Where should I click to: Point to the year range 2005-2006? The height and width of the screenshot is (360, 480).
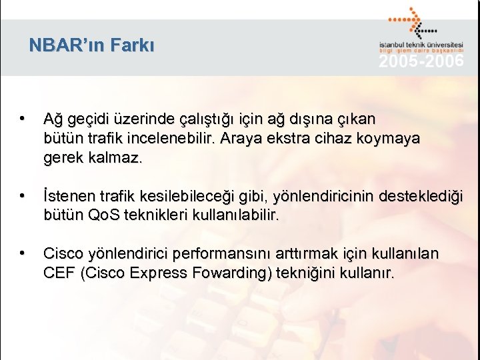(x=421, y=62)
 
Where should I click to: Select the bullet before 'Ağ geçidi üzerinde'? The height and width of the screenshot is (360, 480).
(x=23, y=119)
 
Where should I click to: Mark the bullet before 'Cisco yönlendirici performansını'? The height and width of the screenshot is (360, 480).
(x=23, y=254)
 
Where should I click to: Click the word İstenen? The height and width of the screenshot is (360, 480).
(x=69, y=197)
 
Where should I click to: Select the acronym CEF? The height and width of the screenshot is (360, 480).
(x=58, y=273)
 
